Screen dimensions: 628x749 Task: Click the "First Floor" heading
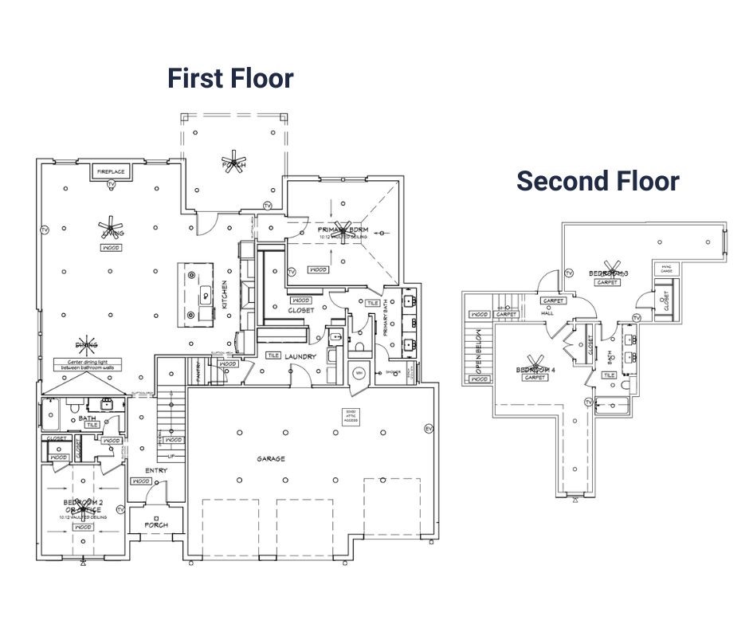[230, 79]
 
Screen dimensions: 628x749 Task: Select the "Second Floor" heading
[598, 181]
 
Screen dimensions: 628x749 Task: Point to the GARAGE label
[271, 459]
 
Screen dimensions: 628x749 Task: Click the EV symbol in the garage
[428, 428]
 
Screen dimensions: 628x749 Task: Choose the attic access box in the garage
[348, 416]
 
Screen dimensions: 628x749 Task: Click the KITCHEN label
[225, 295]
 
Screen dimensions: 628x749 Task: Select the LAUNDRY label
[301, 356]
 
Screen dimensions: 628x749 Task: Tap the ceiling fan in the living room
[112, 228]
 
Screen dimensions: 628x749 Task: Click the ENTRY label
[156, 470]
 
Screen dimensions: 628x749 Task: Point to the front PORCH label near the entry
[156, 525]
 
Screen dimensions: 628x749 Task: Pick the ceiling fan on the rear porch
[234, 160]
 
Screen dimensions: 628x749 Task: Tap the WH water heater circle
[358, 372]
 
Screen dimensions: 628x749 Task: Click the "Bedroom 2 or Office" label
[82, 505]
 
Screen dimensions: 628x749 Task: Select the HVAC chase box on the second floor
[666, 269]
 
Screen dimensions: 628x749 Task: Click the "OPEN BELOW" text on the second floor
[479, 351]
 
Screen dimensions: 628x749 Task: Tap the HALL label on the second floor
[548, 313]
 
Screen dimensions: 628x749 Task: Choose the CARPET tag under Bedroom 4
[532, 378]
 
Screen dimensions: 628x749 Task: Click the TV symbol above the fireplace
[111, 184]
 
